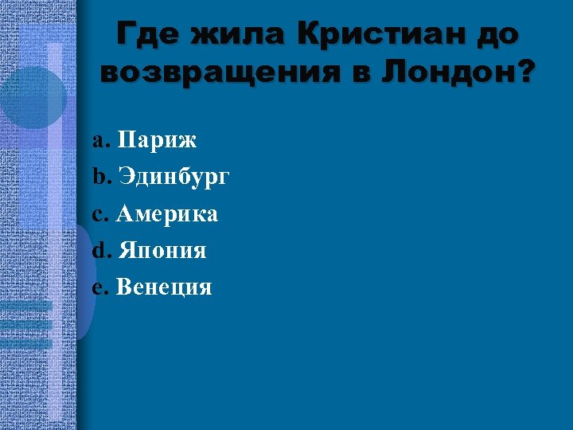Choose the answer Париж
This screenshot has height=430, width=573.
click(x=157, y=141)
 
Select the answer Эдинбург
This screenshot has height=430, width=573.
click(x=173, y=178)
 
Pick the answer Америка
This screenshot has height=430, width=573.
click(x=167, y=214)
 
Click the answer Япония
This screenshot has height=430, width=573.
click(x=162, y=251)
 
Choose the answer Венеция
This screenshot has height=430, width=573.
click(x=164, y=287)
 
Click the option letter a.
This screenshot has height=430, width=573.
click(x=98, y=142)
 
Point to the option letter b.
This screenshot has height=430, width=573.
click(x=98, y=178)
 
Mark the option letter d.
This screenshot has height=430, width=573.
click(x=98, y=251)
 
